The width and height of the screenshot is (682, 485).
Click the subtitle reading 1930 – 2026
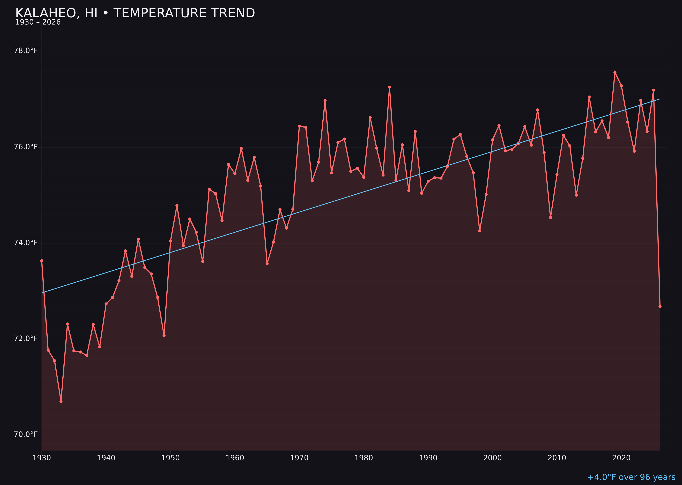coord(38,22)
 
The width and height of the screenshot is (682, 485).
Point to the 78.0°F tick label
coord(26,51)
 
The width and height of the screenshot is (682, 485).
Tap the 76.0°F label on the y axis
coord(26,147)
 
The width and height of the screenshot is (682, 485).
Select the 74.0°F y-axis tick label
coord(26,243)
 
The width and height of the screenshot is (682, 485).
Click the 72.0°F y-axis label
coord(26,339)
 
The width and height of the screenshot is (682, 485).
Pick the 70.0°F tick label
coord(26,435)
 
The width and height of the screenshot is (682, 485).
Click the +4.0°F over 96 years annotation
coord(631,477)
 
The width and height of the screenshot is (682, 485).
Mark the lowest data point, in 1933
coord(61,401)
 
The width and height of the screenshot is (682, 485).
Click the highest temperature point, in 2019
coord(615,72)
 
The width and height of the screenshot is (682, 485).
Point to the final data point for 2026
coord(660,306)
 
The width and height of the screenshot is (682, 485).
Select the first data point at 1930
coord(42,261)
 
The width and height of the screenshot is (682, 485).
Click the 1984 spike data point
coord(389,87)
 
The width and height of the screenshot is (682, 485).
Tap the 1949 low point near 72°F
coord(164,336)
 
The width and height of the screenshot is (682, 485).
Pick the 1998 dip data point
coord(480,231)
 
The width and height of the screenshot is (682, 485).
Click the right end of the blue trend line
coord(660,99)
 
